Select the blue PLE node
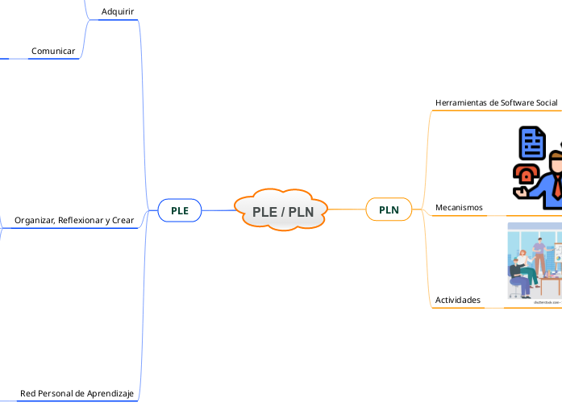(179, 210)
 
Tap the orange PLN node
(389, 210)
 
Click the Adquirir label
(118, 11)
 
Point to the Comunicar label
(53, 52)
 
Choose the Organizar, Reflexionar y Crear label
(74, 220)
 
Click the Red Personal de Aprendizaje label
(77, 393)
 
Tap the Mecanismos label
(459, 208)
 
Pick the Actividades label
(457, 300)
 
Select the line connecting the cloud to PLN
(347, 209)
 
